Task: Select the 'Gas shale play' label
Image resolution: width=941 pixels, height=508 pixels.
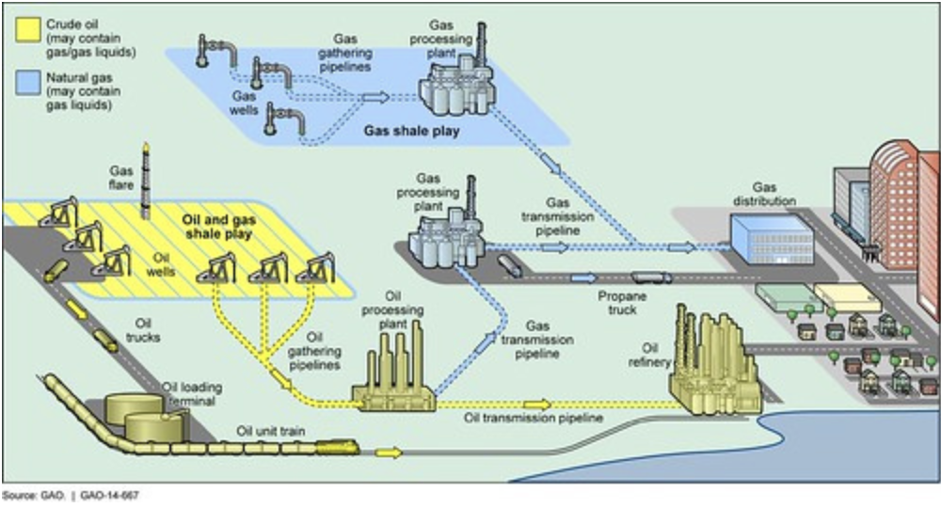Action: (411, 132)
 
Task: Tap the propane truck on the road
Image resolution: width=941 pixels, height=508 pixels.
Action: (650, 278)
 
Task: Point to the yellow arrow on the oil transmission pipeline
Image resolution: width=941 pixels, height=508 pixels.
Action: (537, 405)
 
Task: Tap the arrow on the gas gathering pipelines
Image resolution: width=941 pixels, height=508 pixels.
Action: (375, 97)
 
